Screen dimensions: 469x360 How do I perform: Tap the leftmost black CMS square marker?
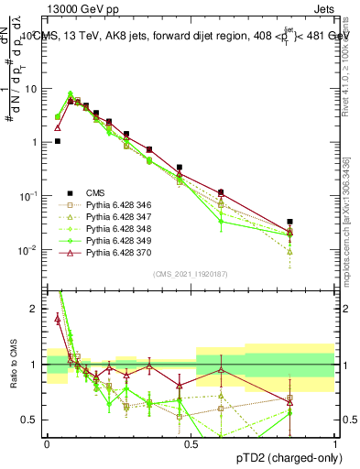[58, 141]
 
